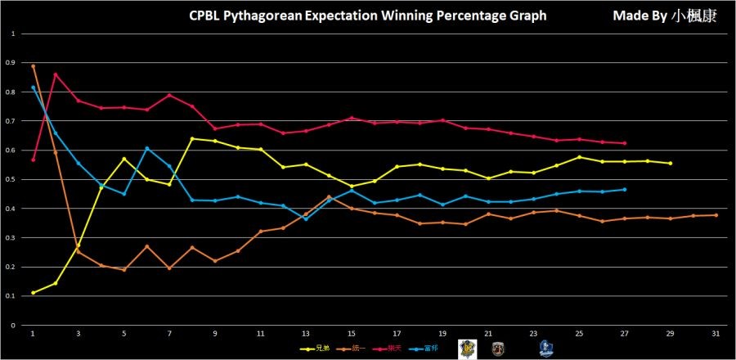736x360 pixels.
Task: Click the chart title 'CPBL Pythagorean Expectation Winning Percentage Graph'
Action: [x=367, y=16]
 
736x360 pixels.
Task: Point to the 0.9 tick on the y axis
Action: [x=11, y=63]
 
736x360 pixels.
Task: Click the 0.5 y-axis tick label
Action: [x=11, y=180]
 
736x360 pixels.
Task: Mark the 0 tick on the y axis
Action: [x=13, y=326]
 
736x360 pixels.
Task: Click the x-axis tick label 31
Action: [x=716, y=334]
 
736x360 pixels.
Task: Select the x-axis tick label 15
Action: [x=352, y=334]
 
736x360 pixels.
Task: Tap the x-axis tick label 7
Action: [x=169, y=334]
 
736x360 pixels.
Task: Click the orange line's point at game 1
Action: [x=33, y=66]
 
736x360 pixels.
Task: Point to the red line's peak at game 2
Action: [x=56, y=74]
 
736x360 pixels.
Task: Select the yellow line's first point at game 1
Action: [x=33, y=293]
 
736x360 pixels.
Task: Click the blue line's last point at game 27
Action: [x=625, y=190]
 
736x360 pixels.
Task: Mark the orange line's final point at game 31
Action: [x=716, y=215]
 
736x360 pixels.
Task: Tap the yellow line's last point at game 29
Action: [x=671, y=164]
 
